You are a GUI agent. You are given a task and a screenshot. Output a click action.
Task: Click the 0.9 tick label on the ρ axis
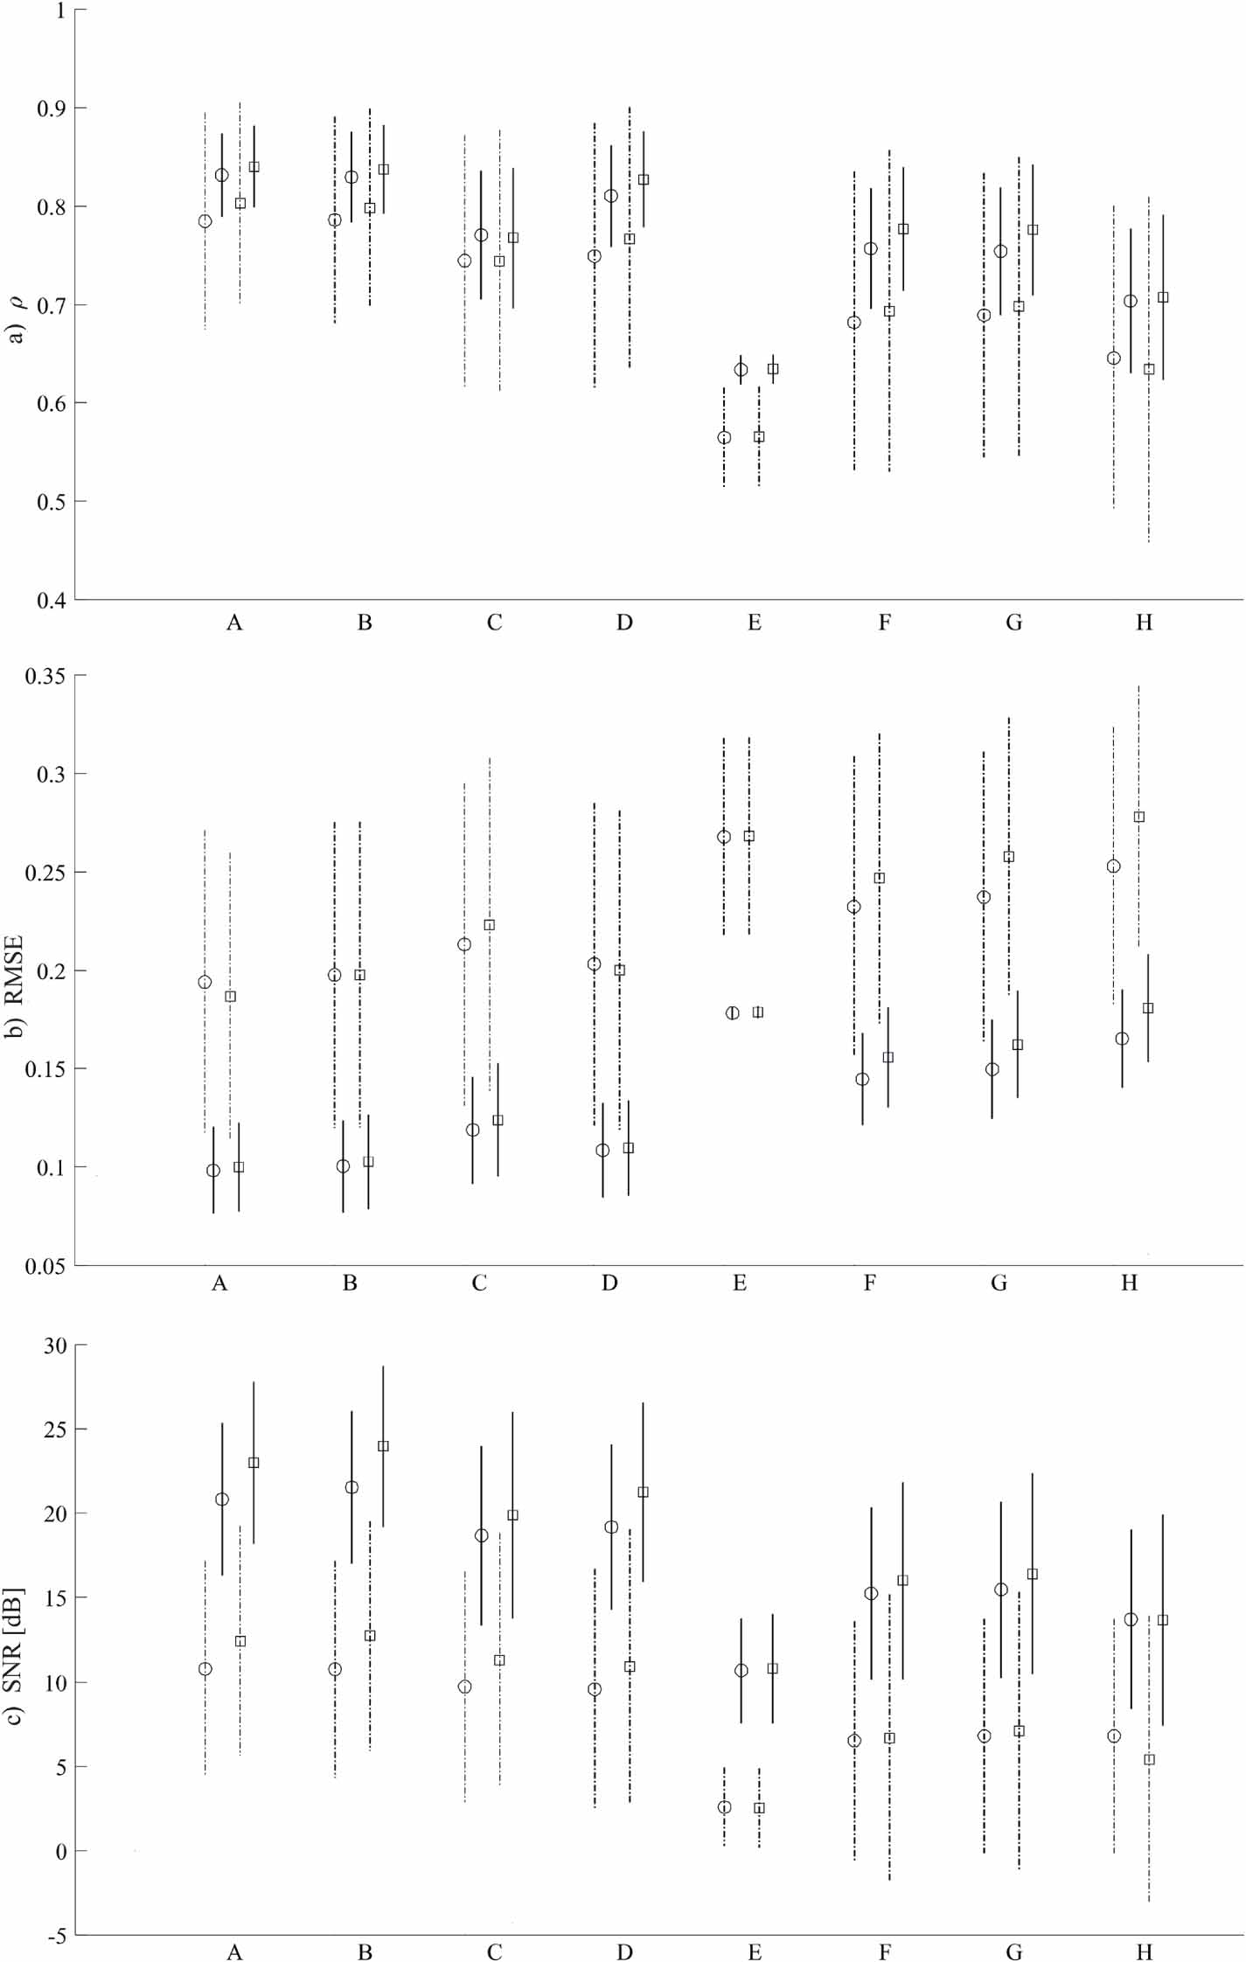[51, 108]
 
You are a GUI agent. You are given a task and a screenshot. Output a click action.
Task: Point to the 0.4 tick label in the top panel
[51, 600]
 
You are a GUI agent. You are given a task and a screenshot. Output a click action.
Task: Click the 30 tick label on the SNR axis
[55, 1346]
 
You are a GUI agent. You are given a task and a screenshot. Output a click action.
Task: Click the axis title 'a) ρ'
[16, 321]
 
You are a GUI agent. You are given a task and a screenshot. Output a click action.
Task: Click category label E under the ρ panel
[755, 623]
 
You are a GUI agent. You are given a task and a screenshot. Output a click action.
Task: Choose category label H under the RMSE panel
[1130, 1284]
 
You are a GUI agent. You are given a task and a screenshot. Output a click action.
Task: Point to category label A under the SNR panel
[234, 1952]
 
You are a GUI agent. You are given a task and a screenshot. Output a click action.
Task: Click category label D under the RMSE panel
[609, 1284]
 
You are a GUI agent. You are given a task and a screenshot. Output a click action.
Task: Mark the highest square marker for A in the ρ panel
[254, 167]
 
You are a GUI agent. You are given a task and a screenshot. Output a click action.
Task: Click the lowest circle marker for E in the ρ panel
[724, 437]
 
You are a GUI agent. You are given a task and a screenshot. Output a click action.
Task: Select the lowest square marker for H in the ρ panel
[1149, 370]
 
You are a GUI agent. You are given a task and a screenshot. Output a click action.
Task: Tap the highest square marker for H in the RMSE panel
[1139, 817]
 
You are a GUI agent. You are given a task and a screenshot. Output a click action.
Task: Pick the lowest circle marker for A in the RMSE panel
[213, 1171]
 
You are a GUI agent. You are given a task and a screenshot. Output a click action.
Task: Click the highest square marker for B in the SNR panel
[383, 1446]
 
